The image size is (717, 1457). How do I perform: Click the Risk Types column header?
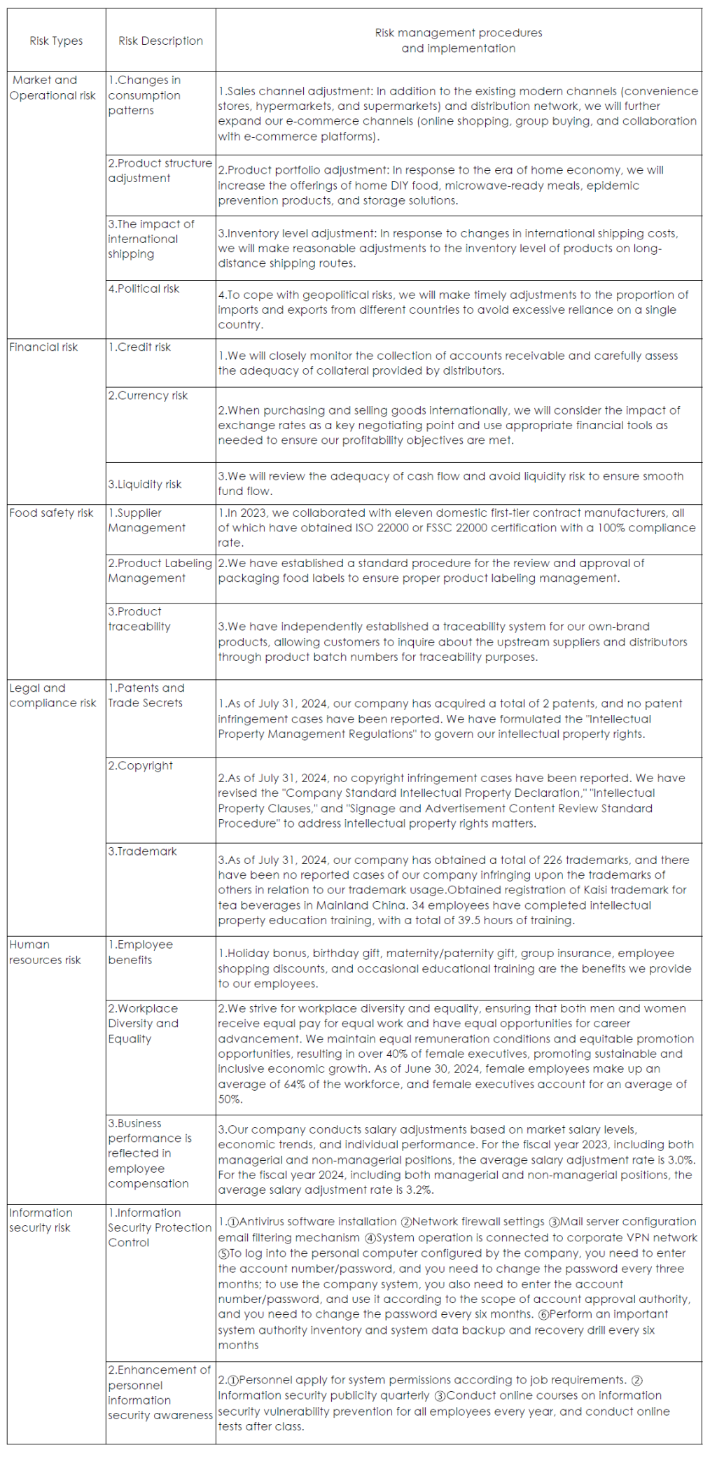point(56,41)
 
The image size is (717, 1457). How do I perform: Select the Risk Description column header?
point(160,41)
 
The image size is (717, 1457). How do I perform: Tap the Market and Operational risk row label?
point(53,88)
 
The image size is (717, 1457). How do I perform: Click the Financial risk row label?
point(43,347)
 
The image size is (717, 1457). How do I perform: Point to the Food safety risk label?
point(51,513)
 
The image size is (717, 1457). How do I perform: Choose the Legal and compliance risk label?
point(53,695)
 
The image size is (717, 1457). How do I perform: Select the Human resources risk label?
point(45,952)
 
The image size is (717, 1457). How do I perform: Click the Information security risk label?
point(41,1220)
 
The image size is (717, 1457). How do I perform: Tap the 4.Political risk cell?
point(144,288)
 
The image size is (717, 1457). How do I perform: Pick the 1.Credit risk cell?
point(139,347)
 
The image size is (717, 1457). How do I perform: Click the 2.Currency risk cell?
point(148,396)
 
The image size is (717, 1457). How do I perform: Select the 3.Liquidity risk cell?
point(144,484)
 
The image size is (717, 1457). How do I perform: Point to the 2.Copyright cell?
point(140,766)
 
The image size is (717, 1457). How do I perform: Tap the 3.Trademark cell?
point(142,851)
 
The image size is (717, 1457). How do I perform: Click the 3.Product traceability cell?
point(139,619)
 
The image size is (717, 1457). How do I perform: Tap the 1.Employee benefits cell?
point(140,952)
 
